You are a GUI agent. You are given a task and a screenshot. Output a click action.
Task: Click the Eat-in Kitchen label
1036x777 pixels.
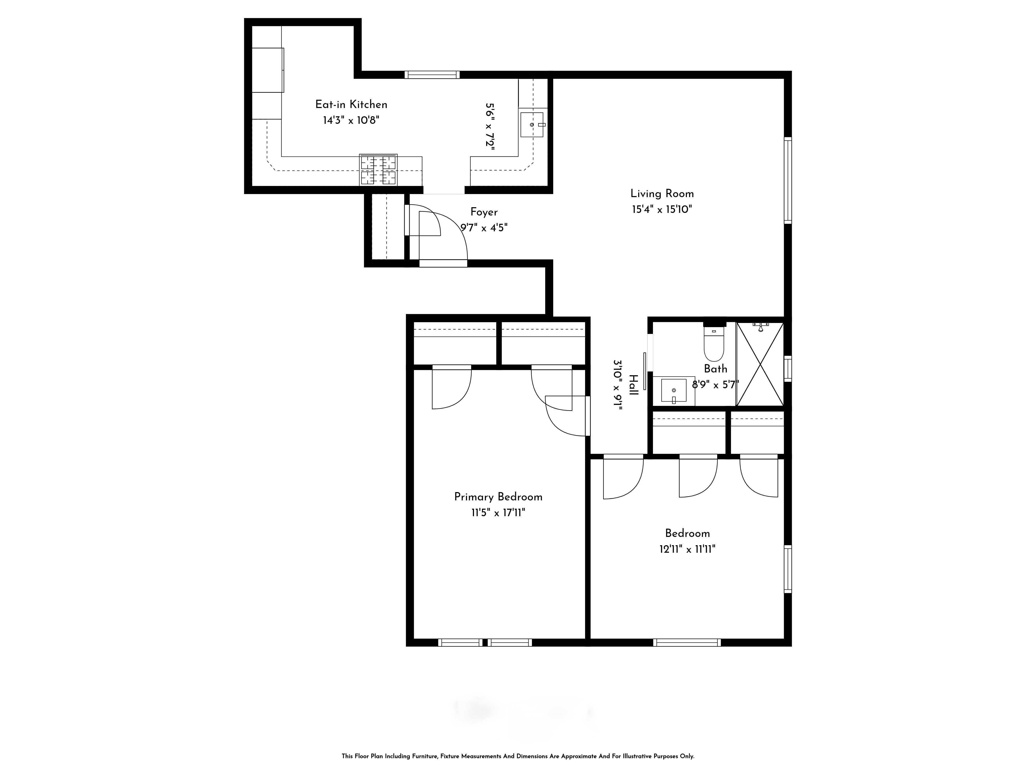[351, 104]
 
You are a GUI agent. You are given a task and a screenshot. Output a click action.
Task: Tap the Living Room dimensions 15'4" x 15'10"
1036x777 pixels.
[662, 209]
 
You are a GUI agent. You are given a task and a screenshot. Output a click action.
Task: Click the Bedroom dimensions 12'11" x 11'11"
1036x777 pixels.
[687, 549]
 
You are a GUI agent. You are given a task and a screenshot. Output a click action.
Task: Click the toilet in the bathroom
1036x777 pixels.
[714, 343]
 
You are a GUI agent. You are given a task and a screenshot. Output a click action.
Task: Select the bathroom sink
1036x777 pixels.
[673, 391]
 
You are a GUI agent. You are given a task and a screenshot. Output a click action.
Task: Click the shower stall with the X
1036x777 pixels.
[760, 364]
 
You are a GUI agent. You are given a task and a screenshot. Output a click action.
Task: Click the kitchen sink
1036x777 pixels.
[532, 125]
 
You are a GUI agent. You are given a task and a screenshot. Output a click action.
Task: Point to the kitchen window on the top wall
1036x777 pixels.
[432, 75]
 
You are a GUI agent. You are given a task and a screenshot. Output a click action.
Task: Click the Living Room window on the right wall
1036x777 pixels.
[788, 180]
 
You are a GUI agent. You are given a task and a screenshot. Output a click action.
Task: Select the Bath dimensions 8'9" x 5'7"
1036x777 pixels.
[715, 385]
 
